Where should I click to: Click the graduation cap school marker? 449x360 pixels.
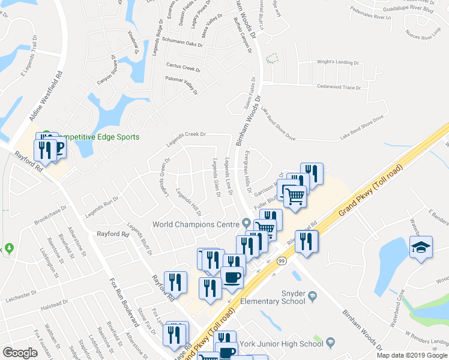tap(421, 247)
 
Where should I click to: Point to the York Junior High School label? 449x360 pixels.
tap(281, 344)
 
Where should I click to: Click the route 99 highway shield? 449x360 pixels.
tap(280, 261)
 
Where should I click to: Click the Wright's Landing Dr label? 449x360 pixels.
tap(337, 62)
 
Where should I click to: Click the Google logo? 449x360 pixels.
tap(20, 353)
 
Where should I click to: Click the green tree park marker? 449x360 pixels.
tap(9, 248)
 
